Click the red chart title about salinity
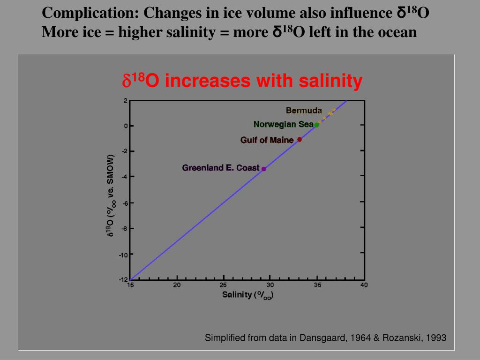242,81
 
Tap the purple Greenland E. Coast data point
264,169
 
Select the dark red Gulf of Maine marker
300,139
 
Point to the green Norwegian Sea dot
316,125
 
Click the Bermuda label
304,111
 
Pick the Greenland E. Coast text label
220,168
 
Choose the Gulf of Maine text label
267,140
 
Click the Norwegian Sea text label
283,124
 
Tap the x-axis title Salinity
247,295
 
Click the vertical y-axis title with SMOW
111,195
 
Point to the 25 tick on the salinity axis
224,285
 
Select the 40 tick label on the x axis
364,285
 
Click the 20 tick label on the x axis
177,285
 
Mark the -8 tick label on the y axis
124,228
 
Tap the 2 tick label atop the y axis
126,100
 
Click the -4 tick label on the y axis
124,177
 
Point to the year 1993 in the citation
437,337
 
